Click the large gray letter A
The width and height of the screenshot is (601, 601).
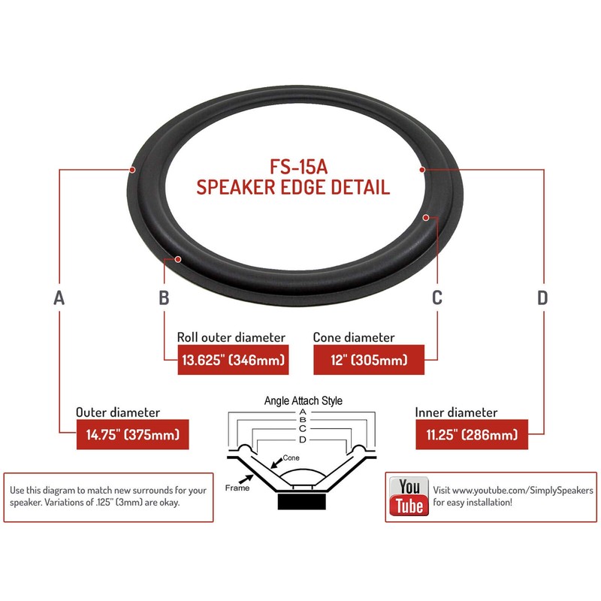[x=60, y=297]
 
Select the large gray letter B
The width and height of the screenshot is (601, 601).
[x=165, y=297]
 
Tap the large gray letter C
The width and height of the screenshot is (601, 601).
[x=437, y=297]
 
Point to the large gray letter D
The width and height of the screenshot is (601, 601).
[x=542, y=297]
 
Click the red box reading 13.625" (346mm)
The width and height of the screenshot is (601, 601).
[x=233, y=361]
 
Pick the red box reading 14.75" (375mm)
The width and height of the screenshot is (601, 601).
[x=128, y=435]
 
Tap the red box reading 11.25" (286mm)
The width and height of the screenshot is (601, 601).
[x=471, y=435]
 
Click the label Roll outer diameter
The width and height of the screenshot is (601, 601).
[x=231, y=337]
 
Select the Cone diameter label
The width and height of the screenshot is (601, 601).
[x=354, y=337]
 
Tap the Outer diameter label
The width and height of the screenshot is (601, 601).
[x=118, y=412]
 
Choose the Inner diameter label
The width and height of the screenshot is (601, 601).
[x=456, y=412]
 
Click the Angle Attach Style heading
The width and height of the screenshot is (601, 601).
[x=303, y=400]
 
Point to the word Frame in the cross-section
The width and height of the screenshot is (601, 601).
[x=237, y=488]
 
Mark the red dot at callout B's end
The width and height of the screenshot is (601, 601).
[x=179, y=259]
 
